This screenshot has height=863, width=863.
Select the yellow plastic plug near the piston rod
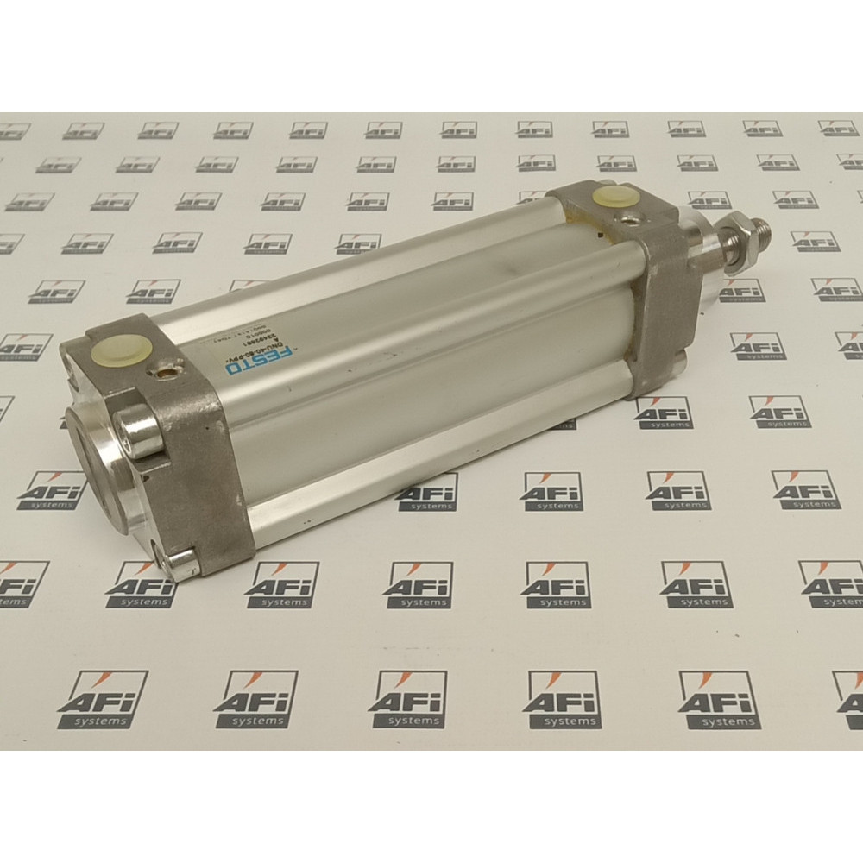(611, 197)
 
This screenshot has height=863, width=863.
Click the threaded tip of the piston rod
(765, 233)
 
